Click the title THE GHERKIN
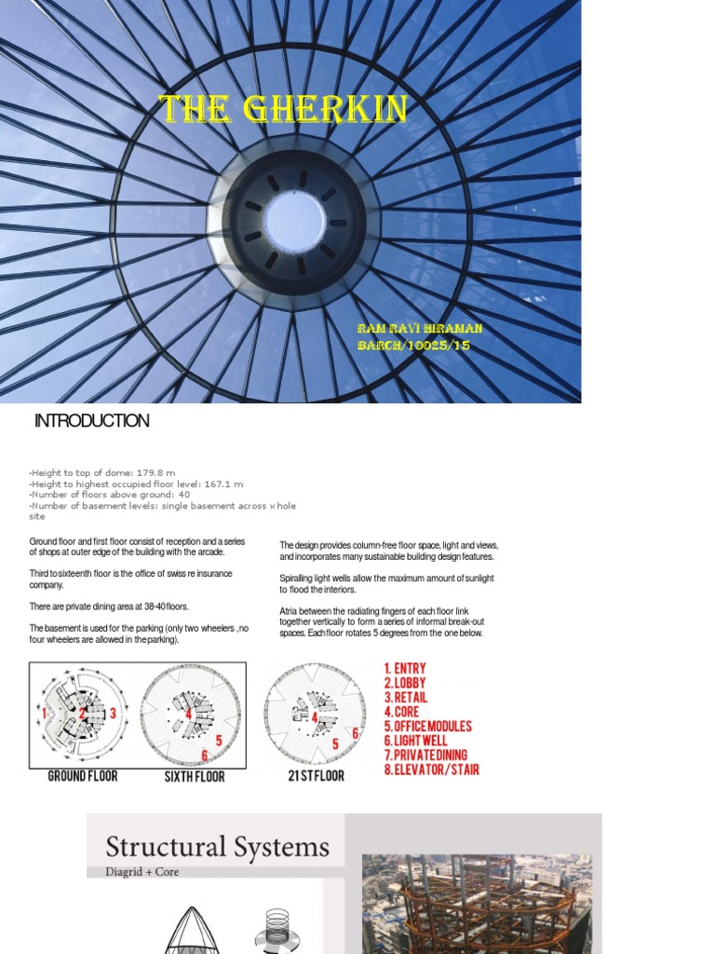[x=283, y=110]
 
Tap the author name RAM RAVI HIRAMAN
[x=420, y=329]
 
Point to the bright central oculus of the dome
[x=294, y=221]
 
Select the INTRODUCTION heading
[x=91, y=421]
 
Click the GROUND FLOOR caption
[x=83, y=775]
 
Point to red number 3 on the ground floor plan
[x=113, y=714]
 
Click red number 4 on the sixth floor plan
[x=188, y=715]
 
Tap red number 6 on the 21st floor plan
[x=354, y=733]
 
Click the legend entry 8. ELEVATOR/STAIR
[x=431, y=770]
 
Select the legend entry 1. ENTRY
[x=405, y=668]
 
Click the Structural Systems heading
[x=217, y=847]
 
